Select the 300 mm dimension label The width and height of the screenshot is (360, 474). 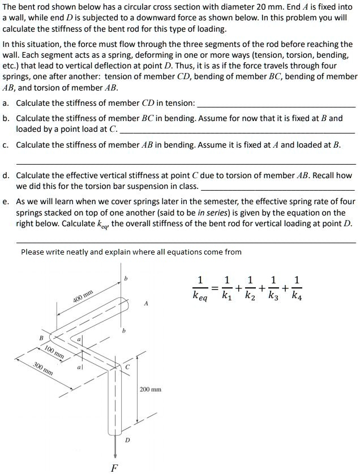pyautogui.click(x=44, y=368)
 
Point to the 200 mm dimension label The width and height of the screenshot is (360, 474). pyautogui.click(x=150, y=390)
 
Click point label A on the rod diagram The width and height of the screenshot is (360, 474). pyautogui.click(x=146, y=304)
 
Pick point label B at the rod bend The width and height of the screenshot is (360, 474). pyautogui.click(x=40, y=338)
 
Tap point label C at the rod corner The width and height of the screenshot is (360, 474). pyautogui.click(x=128, y=367)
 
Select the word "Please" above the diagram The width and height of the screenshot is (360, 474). pyautogui.click(x=33, y=252)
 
